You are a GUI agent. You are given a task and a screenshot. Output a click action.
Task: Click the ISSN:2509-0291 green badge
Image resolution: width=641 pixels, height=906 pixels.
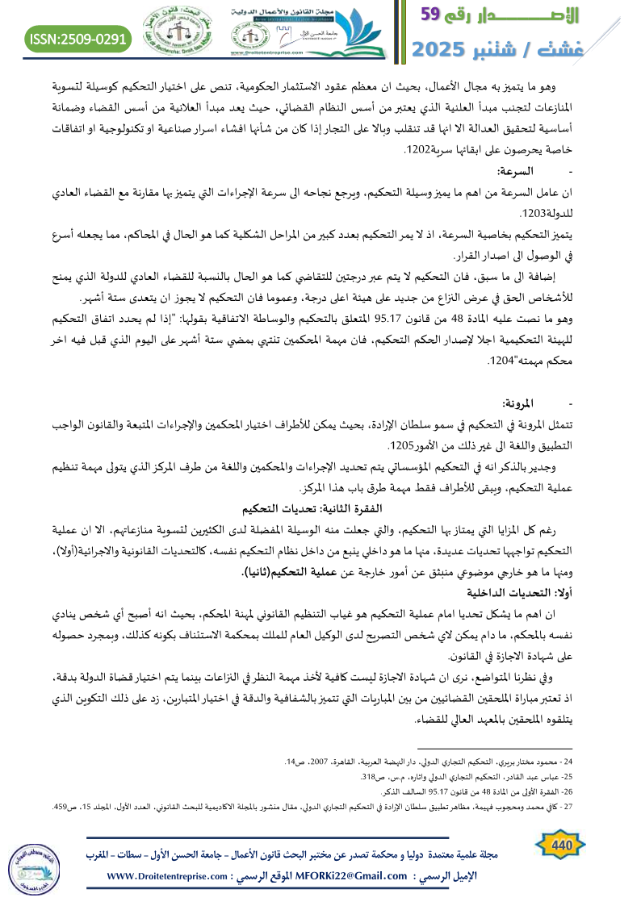pyautogui.click(x=78, y=38)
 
